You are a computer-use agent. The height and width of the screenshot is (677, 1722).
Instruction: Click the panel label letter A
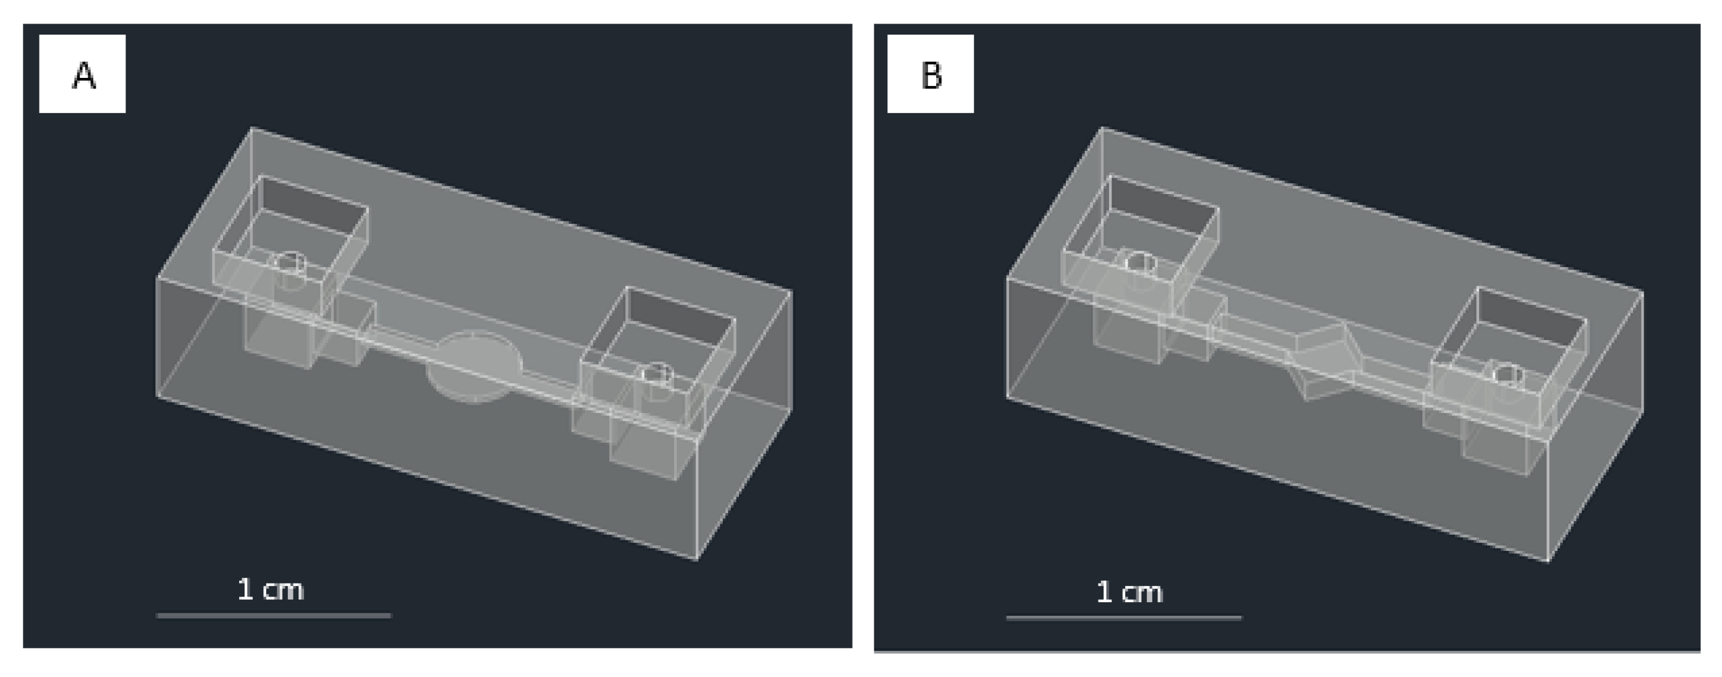pos(83,75)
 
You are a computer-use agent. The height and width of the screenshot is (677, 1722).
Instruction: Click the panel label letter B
pos(931,75)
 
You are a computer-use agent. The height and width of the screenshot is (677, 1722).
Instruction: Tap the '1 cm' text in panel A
pos(271,589)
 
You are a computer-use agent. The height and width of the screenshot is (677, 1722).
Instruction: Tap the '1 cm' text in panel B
pos(1129,592)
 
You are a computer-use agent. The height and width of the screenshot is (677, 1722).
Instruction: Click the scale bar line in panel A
pos(274,615)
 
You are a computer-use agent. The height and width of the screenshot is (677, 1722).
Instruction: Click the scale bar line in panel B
pos(1124,618)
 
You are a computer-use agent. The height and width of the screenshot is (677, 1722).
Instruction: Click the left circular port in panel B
pos(1141,262)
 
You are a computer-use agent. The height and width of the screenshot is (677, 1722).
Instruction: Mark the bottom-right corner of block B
pos(1548,561)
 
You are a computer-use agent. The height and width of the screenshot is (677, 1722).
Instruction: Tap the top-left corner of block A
pos(252,127)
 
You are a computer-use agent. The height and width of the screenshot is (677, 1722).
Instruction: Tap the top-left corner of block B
pos(1102,127)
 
